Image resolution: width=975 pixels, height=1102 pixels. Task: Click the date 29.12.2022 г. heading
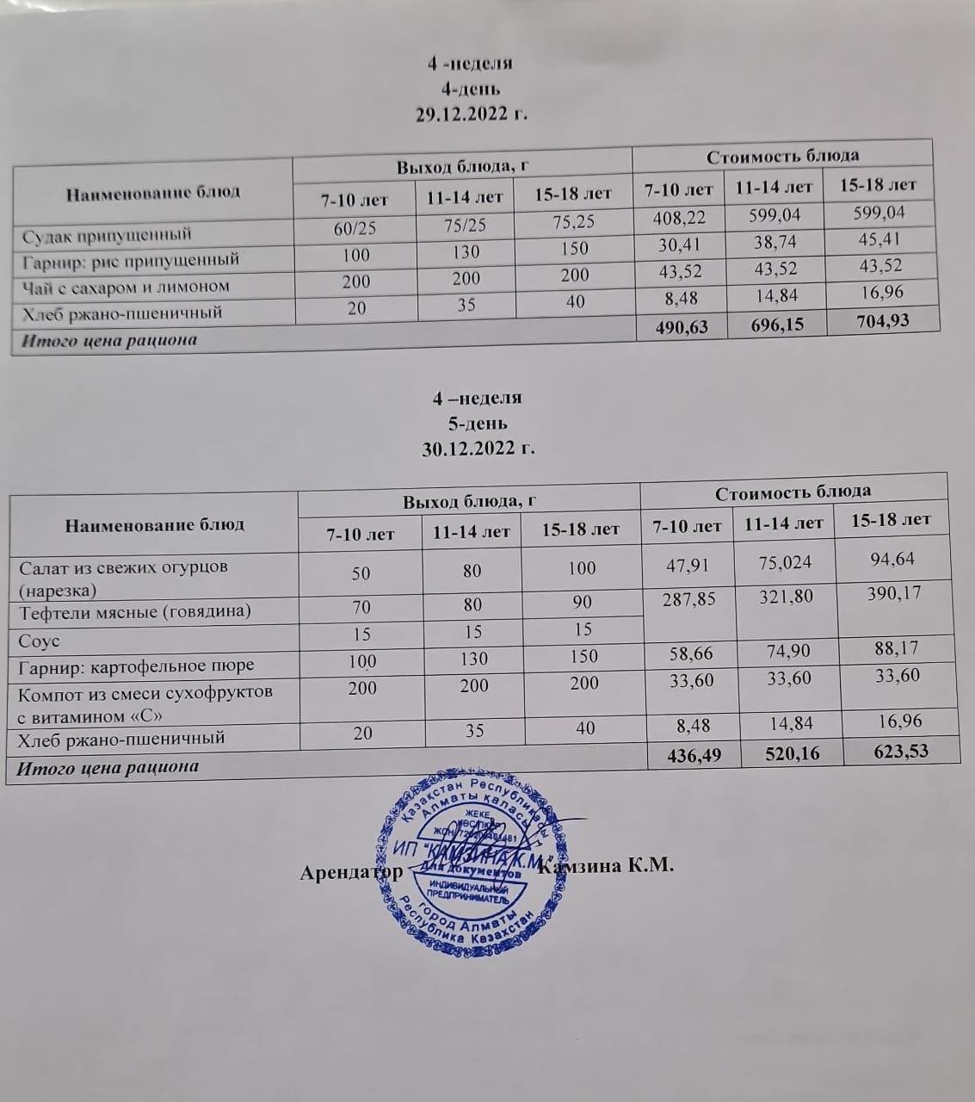click(471, 115)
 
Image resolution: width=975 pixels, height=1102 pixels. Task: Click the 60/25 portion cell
click(355, 229)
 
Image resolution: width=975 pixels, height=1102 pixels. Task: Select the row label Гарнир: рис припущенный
click(131, 260)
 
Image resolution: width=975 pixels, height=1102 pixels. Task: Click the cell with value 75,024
click(777, 563)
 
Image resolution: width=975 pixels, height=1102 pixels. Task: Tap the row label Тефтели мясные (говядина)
click(135, 612)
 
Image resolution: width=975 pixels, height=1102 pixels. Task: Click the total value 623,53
click(899, 750)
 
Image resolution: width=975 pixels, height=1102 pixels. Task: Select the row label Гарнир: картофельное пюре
click(137, 666)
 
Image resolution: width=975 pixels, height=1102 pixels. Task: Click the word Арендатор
click(351, 871)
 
